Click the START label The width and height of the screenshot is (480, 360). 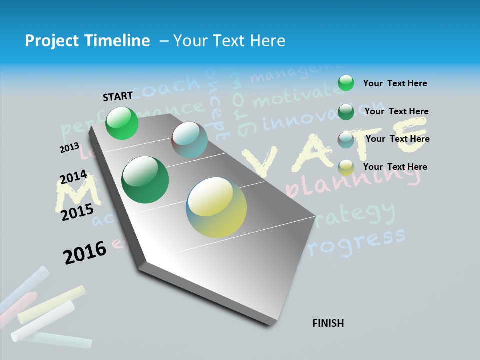(x=118, y=96)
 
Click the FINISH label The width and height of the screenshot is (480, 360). (x=328, y=323)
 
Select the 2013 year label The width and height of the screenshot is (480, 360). (x=69, y=148)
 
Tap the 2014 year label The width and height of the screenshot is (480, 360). (x=73, y=177)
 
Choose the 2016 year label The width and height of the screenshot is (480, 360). (x=85, y=252)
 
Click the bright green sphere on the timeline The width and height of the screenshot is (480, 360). (x=122, y=123)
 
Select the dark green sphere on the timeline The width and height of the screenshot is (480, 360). (x=145, y=180)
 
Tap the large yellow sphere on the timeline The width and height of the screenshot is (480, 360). (x=216, y=207)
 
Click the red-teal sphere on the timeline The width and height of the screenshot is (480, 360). (x=189, y=140)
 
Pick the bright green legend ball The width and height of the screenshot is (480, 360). (x=346, y=83)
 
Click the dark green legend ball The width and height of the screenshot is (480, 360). (x=346, y=112)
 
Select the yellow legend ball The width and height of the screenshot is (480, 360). (x=346, y=167)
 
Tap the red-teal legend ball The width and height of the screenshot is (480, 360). (x=346, y=140)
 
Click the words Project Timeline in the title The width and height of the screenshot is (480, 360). (x=87, y=41)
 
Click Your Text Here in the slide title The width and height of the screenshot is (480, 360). (x=229, y=41)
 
